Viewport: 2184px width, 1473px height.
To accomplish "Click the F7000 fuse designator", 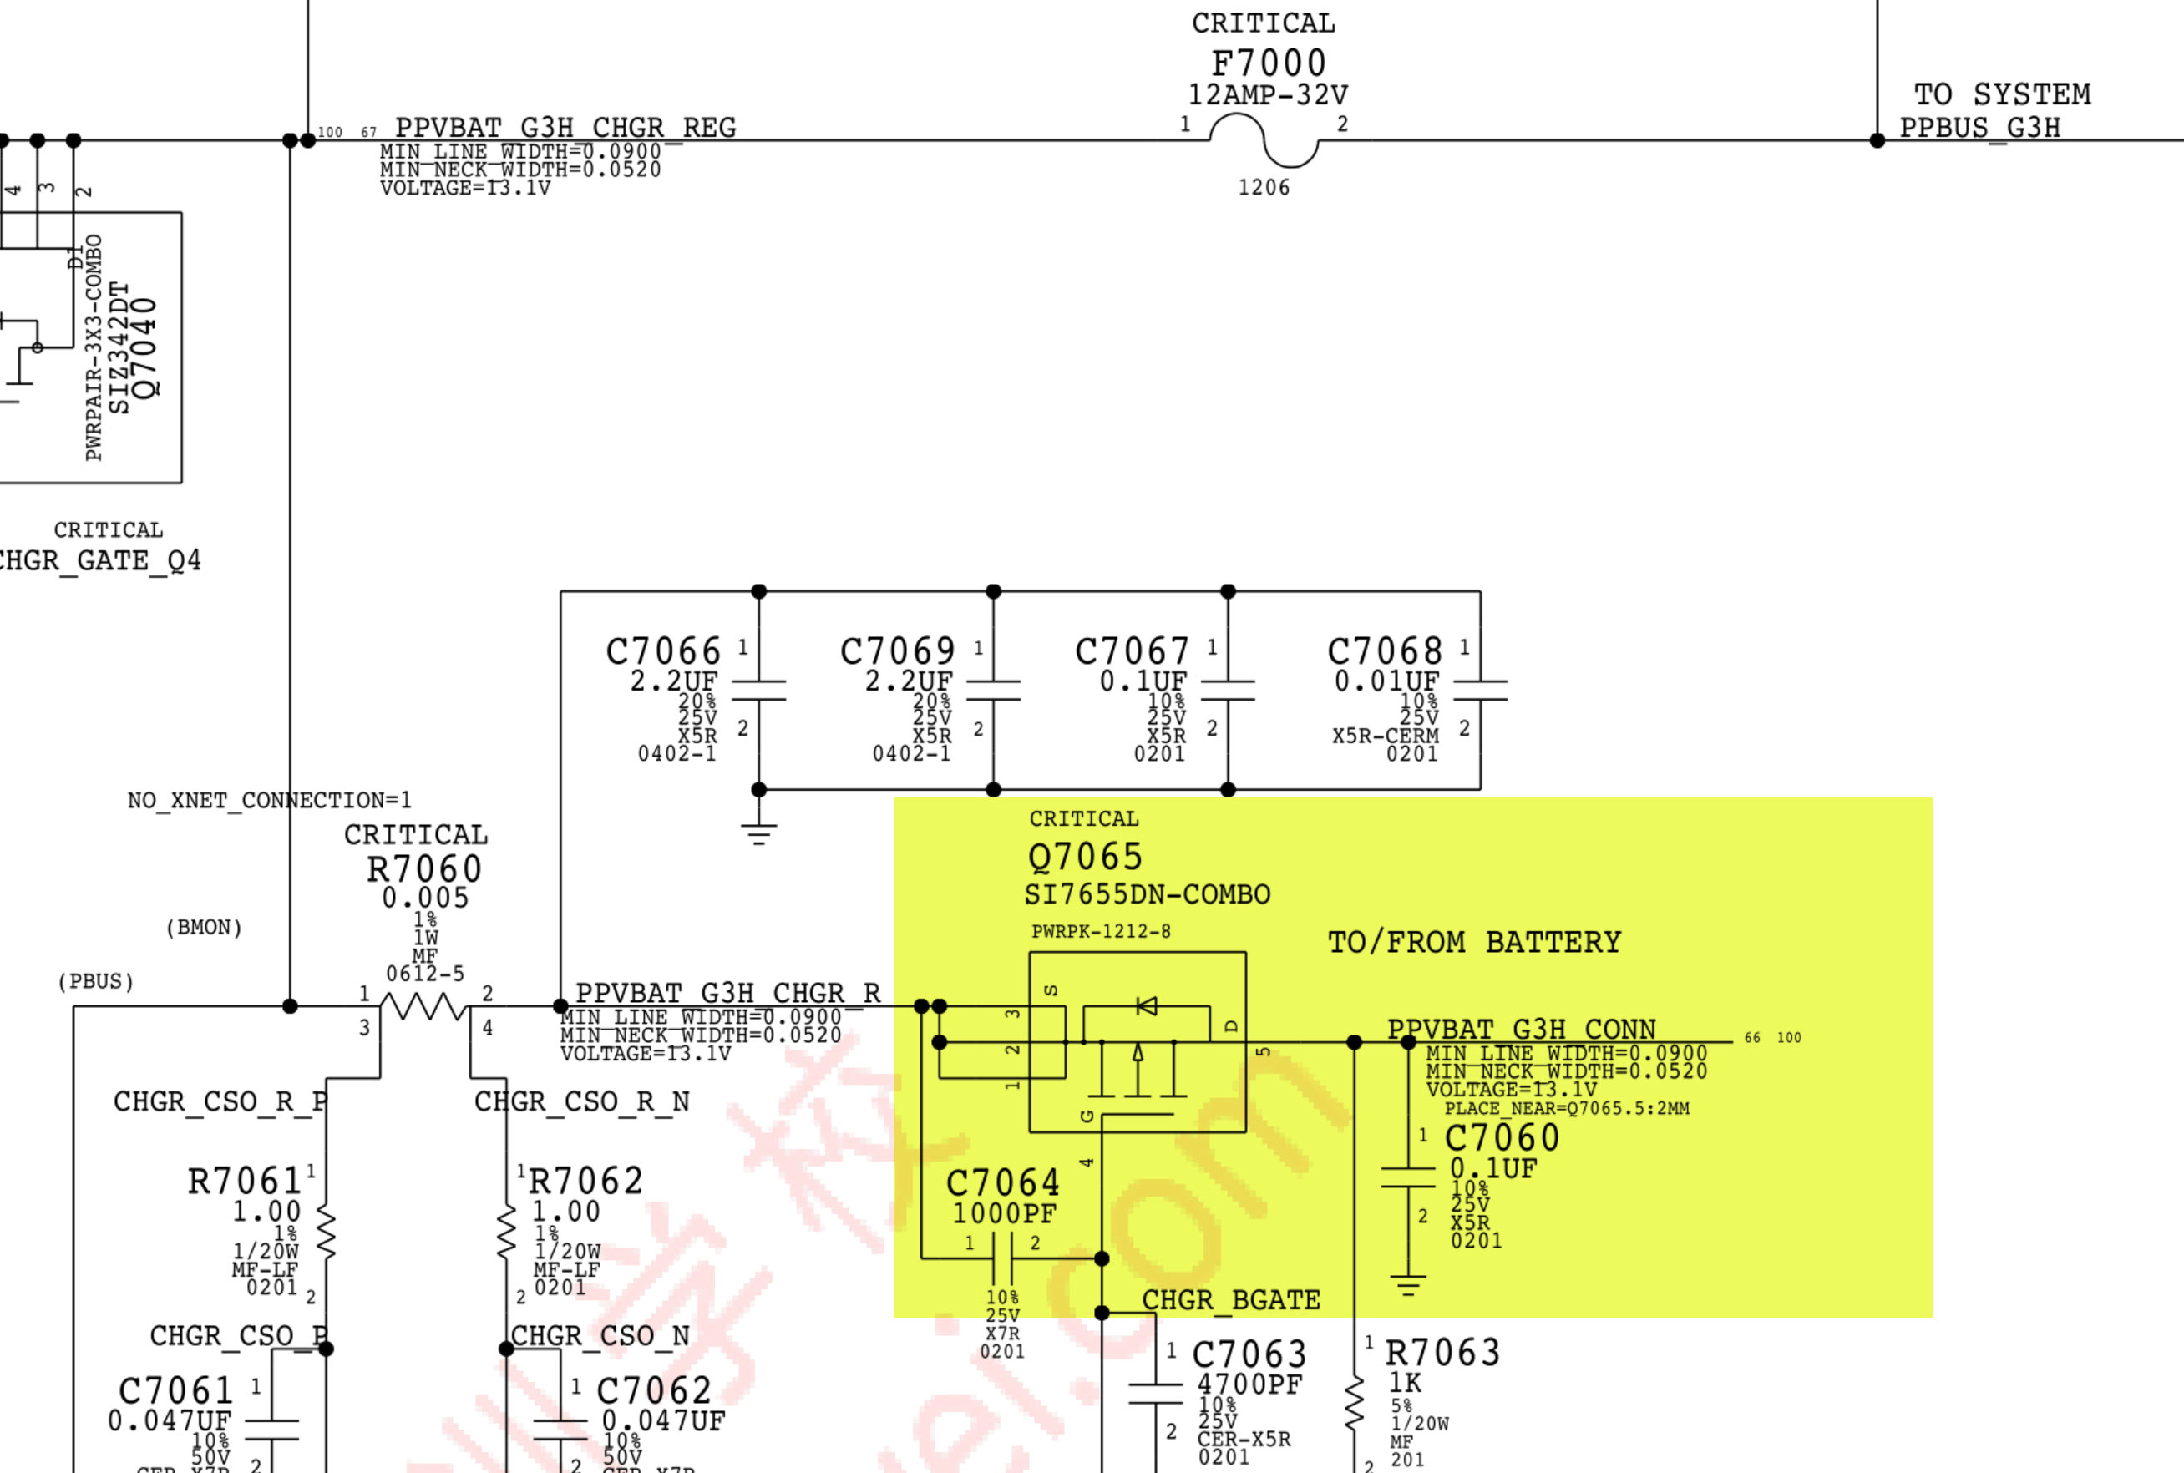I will tap(1268, 63).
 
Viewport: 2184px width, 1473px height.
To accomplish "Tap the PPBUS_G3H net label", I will tap(1980, 128).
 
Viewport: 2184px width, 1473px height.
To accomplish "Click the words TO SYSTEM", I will tap(2002, 94).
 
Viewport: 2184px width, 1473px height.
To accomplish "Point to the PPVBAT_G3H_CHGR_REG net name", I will tap(565, 127).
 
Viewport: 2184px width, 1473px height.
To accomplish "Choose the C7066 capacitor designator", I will tap(663, 651).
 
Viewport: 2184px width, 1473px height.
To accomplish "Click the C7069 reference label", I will tap(897, 651).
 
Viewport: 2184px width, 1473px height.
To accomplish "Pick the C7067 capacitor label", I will tap(1132, 651).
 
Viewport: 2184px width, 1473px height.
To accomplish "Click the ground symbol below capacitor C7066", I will tap(759, 833).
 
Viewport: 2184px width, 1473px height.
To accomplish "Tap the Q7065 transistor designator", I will tap(1085, 857).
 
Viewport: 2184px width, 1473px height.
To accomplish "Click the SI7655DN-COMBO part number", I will tap(1147, 894).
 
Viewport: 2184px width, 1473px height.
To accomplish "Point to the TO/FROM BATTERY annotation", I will tap(1474, 942).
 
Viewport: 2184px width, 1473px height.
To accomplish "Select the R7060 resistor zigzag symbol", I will tap(424, 1007).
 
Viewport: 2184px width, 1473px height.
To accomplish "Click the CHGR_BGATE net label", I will tap(1230, 1300).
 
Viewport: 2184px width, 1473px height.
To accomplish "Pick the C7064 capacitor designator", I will tap(1002, 1182).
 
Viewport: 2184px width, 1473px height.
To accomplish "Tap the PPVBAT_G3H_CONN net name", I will tap(1522, 1030).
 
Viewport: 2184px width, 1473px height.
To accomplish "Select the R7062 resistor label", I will tap(585, 1181).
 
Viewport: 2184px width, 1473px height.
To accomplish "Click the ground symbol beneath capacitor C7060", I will tap(1407, 1285).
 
